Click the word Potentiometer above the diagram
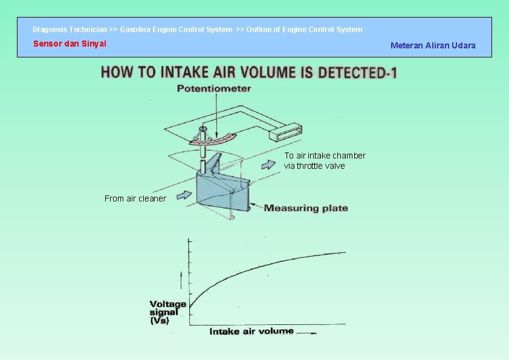(213, 88)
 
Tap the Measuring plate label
(306, 208)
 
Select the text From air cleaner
(135, 198)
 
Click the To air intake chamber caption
(325, 160)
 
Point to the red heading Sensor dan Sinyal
(70, 44)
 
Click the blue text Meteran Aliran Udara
(433, 45)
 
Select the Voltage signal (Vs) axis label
(167, 312)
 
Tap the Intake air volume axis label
(251, 332)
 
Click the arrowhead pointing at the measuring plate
(254, 207)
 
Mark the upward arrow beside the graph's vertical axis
(181, 280)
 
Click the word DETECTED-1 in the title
(357, 73)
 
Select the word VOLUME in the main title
(268, 73)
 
